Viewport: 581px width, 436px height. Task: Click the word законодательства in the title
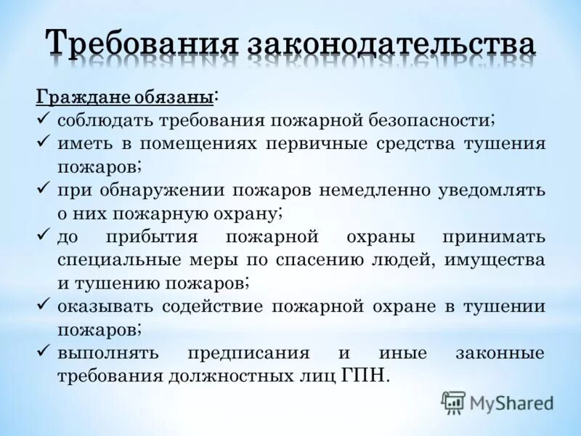(393, 45)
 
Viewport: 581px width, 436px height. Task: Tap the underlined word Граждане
(82, 97)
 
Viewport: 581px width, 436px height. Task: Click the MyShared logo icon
(454, 402)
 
